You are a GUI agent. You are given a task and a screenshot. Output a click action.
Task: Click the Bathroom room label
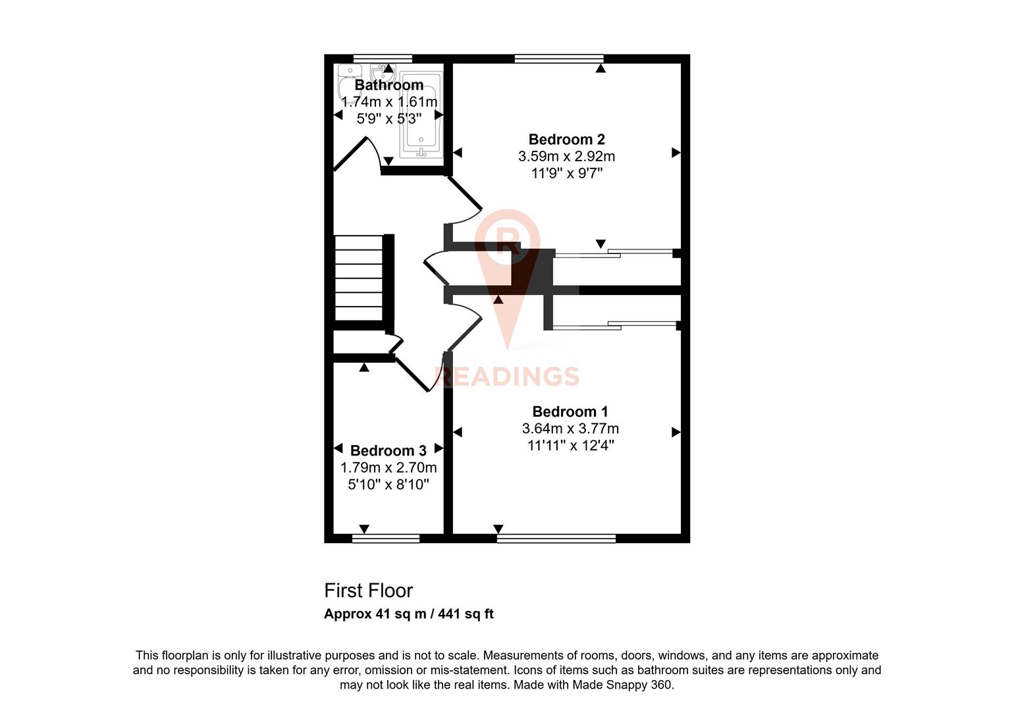tap(388, 85)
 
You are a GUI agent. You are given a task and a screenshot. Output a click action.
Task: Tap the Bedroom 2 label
tap(566, 140)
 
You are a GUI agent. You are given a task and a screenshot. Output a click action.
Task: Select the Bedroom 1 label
tap(570, 411)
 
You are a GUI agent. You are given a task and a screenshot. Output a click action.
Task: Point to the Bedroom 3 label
tap(388, 451)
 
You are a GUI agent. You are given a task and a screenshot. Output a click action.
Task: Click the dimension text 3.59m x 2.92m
tap(566, 157)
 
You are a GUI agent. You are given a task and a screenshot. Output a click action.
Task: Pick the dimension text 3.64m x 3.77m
tap(570, 429)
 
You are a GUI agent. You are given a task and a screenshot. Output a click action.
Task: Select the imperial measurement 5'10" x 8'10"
tap(388, 485)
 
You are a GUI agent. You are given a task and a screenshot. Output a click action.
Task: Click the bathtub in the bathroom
tap(422, 115)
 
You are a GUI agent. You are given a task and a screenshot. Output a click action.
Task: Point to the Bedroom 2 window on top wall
tap(558, 59)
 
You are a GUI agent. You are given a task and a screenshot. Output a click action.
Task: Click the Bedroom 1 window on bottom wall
tap(556, 539)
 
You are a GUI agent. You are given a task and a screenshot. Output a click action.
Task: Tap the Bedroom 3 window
tap(386, 539)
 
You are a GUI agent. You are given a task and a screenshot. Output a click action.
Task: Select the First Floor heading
tap(368, 591)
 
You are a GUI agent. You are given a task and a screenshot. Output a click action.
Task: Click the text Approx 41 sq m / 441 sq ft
tap(408, 614)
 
